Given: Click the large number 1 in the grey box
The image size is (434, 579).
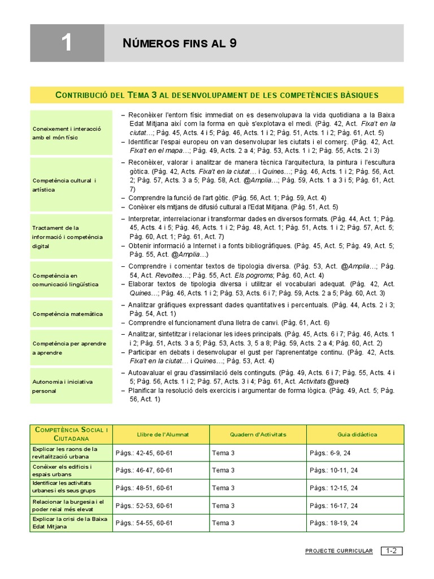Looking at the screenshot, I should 67,43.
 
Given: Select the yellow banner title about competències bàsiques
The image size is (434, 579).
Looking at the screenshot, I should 217,94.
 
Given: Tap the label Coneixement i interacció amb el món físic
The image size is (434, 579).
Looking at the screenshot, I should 67,133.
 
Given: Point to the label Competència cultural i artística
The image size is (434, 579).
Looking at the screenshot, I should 64,185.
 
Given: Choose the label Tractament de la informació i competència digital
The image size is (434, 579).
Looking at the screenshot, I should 67,237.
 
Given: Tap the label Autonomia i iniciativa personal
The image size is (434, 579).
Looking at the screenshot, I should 63,386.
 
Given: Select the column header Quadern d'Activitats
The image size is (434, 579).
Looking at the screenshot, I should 258,434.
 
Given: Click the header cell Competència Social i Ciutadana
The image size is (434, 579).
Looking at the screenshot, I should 71,434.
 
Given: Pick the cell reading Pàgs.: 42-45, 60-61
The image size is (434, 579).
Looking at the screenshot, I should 144,452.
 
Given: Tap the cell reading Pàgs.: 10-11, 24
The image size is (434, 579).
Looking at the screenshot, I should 333,470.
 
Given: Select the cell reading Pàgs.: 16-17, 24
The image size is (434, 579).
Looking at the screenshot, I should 333,505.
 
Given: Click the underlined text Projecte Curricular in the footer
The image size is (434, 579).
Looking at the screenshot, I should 338,551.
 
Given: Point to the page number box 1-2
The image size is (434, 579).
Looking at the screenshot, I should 392,551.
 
